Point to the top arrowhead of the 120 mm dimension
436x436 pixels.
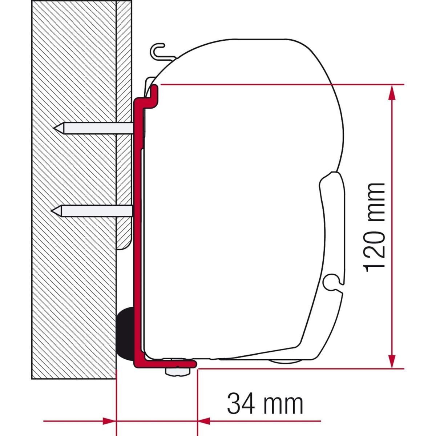pyautogui.click(x=392, y=93)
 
